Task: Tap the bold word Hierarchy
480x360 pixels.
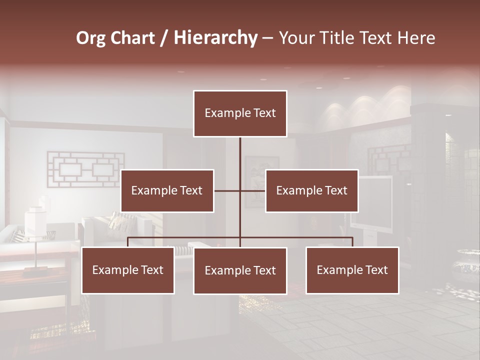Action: [x=215, y=38]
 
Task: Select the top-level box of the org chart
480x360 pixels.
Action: [x=240, y=113]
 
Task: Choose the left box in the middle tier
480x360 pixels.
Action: [x=167, y=190]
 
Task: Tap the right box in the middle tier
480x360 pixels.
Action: [x=312, y=190]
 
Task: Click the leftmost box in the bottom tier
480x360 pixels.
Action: [x=128, y=270]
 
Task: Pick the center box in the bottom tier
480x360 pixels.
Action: [x=240, y=270]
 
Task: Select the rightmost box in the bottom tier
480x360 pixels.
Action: [x=352, y=270]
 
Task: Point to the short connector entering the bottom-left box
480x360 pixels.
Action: [x=128, y=242]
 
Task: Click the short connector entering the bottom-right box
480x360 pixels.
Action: [x=352, y=242]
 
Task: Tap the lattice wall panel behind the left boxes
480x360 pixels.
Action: [x=85, y=169]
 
